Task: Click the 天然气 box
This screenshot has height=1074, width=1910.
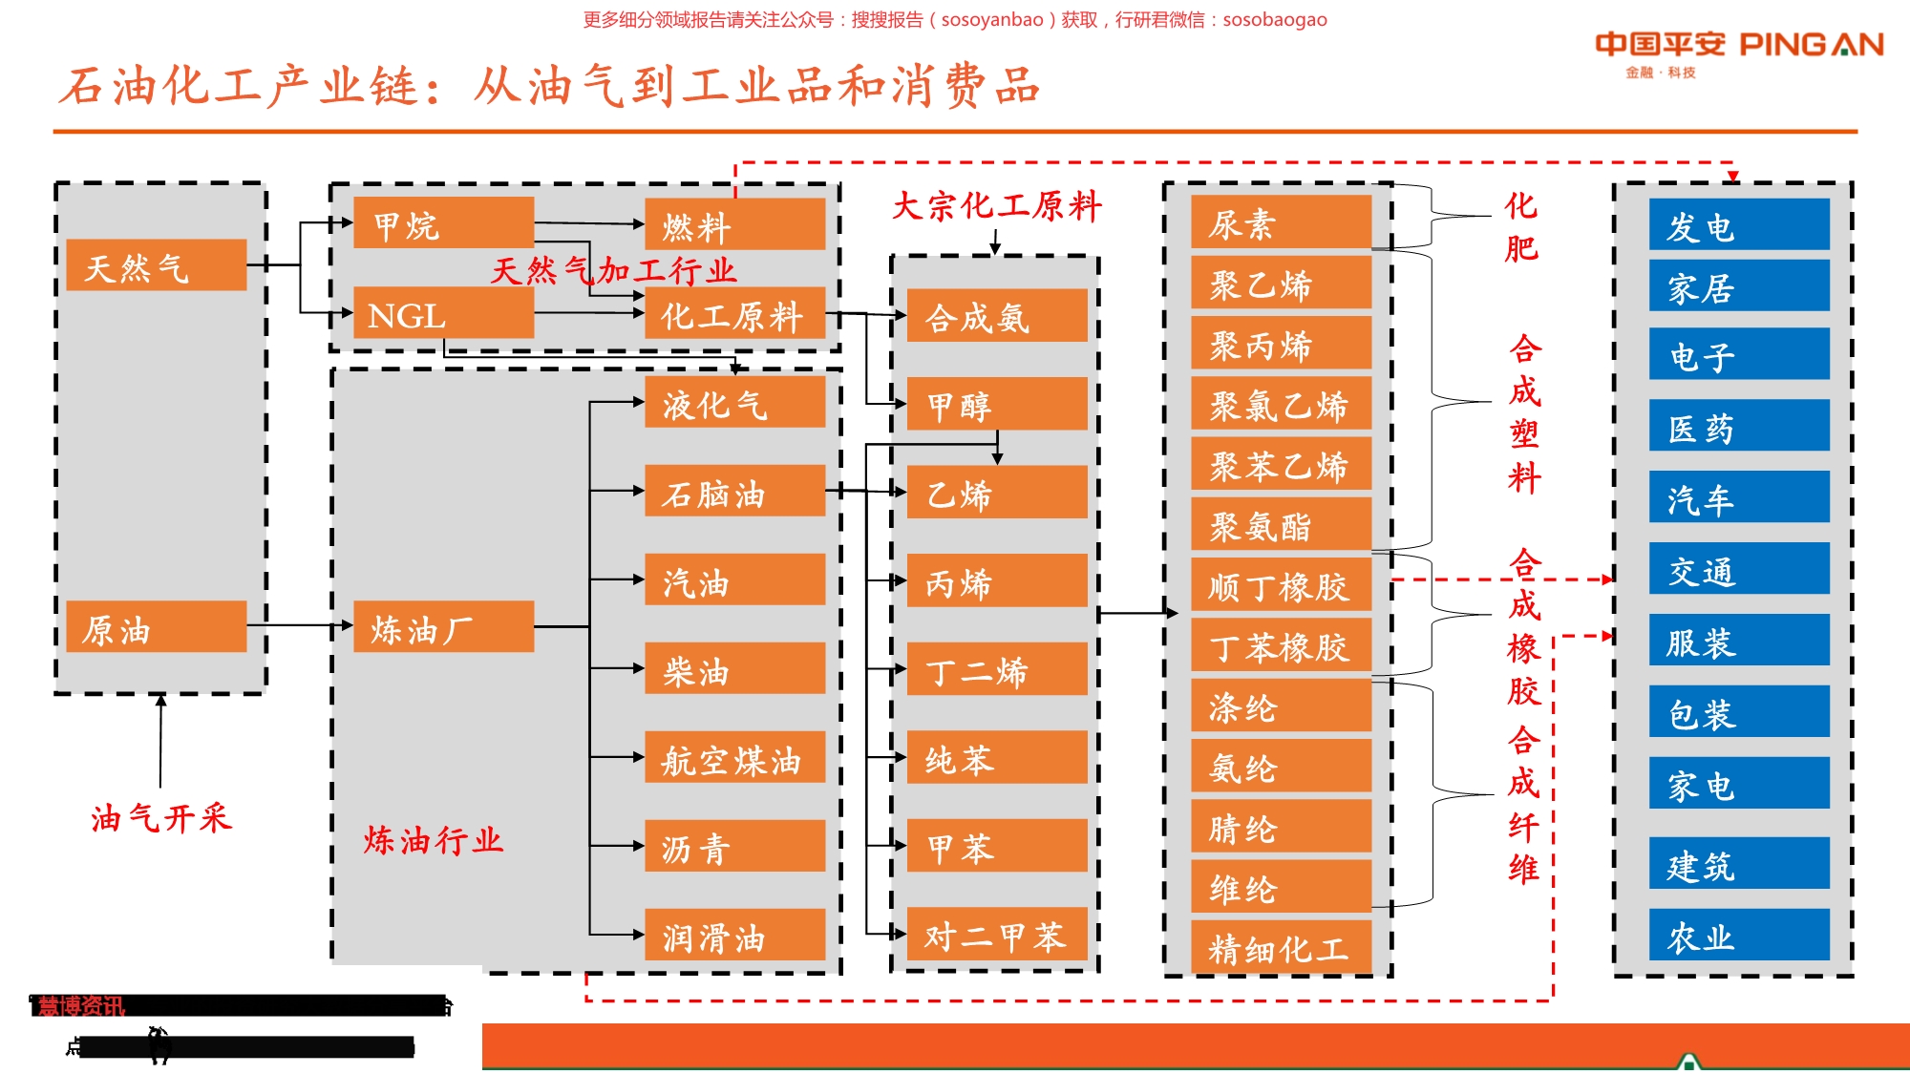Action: pos(156,265)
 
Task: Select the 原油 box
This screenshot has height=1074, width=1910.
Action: pos(156,627)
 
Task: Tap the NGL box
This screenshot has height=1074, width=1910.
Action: pos(443,313)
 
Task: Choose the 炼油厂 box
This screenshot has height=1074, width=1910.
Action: pos(443,627)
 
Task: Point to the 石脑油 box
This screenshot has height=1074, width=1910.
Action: pos(734,491)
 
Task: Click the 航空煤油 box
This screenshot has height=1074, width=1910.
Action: pos(734,757)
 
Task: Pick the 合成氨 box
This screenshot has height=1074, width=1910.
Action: pos(996,315)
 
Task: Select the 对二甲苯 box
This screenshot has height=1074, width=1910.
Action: pos(996,934)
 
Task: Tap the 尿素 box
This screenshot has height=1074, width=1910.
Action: pos(1281,222)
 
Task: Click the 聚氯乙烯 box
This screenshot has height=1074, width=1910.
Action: pos(1281,404)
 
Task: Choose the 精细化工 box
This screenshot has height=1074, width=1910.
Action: pos(1281,947)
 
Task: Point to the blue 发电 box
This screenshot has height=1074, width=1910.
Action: pos(1738,225)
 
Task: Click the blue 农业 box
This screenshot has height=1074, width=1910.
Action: pos(1738,935)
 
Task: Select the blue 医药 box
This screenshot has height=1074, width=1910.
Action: pos(1738,426)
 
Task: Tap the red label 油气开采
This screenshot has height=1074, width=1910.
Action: pos(161,817)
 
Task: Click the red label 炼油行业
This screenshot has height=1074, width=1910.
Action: pos(433,840)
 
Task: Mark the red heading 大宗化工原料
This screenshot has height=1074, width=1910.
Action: pos(996,205)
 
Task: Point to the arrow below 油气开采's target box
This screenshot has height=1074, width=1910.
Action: pos(160,740)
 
